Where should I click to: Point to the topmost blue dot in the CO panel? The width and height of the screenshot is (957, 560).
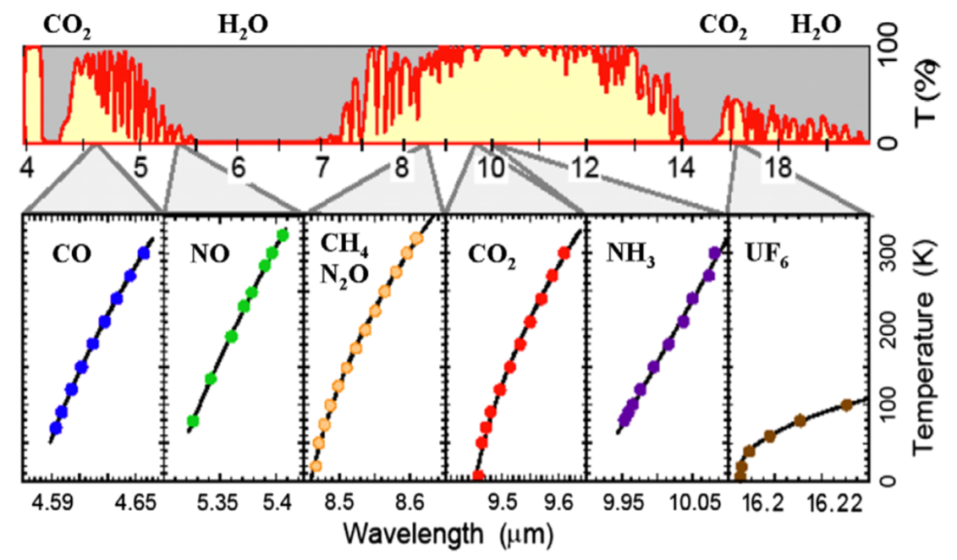tap(143, 253)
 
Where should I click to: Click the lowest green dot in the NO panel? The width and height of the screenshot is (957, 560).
tap(193, 420)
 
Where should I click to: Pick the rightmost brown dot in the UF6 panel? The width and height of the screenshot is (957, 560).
tap(845, 404)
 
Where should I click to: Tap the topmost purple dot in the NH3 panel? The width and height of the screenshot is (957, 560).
tap(714, 253)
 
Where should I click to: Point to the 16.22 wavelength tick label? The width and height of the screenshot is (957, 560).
tap(841, 505)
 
